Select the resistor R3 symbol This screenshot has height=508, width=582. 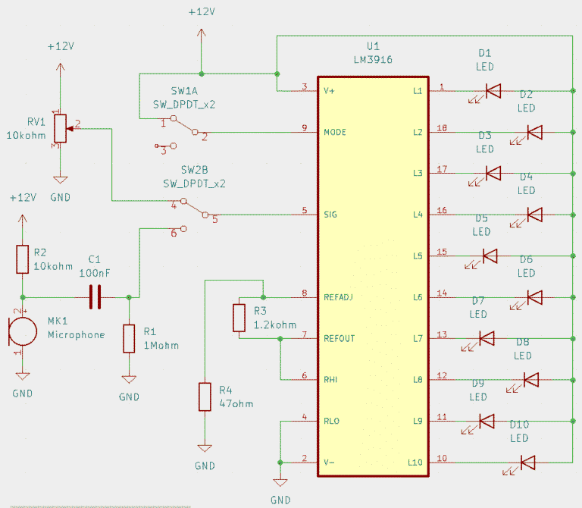[x=239, y=318]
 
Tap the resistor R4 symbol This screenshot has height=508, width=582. [x=205, y=397]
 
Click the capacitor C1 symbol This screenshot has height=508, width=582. [x=95, y=296]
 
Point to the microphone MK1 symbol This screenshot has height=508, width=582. [x=22, y=331]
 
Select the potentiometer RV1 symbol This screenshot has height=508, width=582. [x=59, y=130]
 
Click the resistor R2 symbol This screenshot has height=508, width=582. [x=22, y=259]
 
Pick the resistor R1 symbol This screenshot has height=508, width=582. [x=129, y=338]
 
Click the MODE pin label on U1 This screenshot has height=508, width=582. [x=335, y=132]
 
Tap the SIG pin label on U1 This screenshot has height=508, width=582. [x=330, y=215]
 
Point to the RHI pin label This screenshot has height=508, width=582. [x=331, y=379]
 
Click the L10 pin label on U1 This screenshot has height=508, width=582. [x=415, y=462]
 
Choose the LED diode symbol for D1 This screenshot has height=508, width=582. [x=493, y=91]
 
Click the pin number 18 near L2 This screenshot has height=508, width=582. [x=442, y=128]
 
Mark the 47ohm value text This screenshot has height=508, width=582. [x=236, y=403]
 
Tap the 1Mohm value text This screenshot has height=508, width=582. [x=160, y=345]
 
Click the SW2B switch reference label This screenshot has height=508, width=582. [x=194, y=169]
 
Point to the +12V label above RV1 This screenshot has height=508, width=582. [x=61, y=46]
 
